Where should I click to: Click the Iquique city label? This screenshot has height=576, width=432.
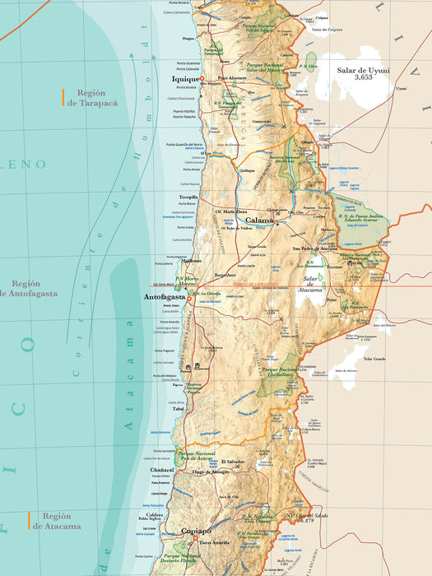(185, 79)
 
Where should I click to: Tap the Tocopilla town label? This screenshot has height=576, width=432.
(189, 197)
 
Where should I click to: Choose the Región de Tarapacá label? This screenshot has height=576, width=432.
(93, 98)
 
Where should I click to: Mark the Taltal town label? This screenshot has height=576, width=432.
(179, 408)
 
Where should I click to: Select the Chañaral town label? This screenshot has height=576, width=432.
(163, 470)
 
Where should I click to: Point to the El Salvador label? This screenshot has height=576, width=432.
(232, 462)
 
